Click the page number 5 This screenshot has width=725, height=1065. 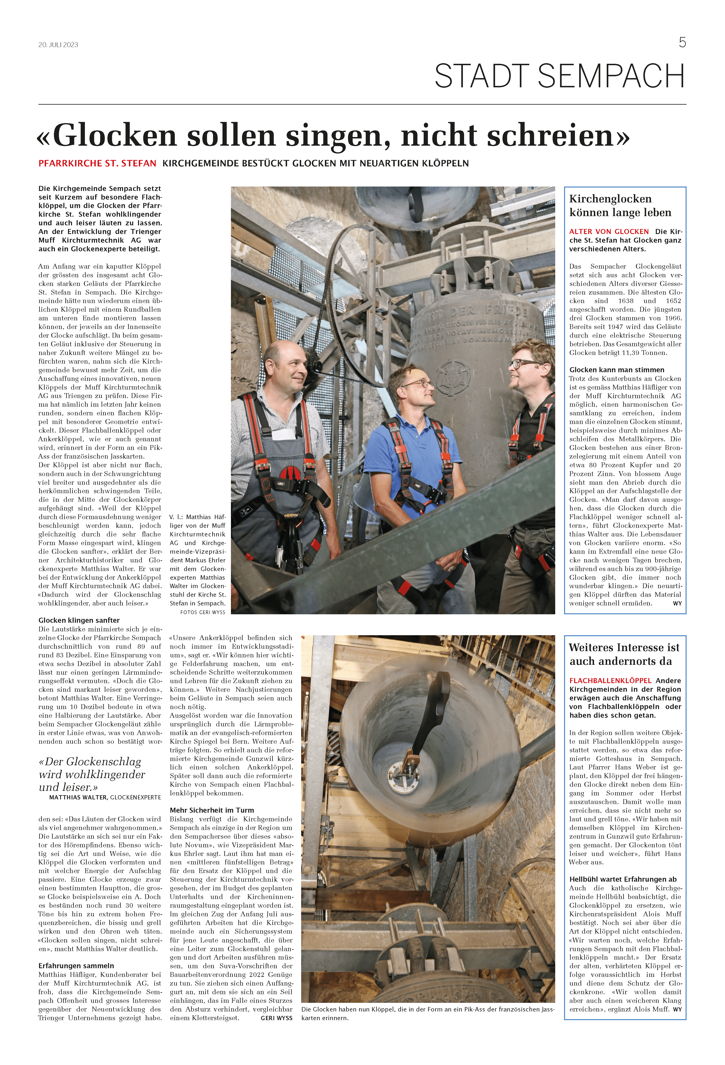[x=682, y=43]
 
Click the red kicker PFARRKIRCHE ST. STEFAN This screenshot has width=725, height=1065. [x=97, y=163]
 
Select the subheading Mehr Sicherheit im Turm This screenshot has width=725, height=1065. [x=212, y=810]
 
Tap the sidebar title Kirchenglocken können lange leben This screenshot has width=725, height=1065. [x=620, y=205]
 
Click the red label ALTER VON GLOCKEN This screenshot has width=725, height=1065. [x=609, y=231]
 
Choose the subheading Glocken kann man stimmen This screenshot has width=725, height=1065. [x=616, y=370]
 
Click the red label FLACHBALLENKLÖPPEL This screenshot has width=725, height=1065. [x=610, y=680]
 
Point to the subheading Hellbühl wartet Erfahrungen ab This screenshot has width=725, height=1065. [x=622, y=879]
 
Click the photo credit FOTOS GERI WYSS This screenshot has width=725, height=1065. [x=203, y=612]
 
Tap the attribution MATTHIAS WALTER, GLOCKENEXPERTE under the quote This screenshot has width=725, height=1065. [x=105, y=797]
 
